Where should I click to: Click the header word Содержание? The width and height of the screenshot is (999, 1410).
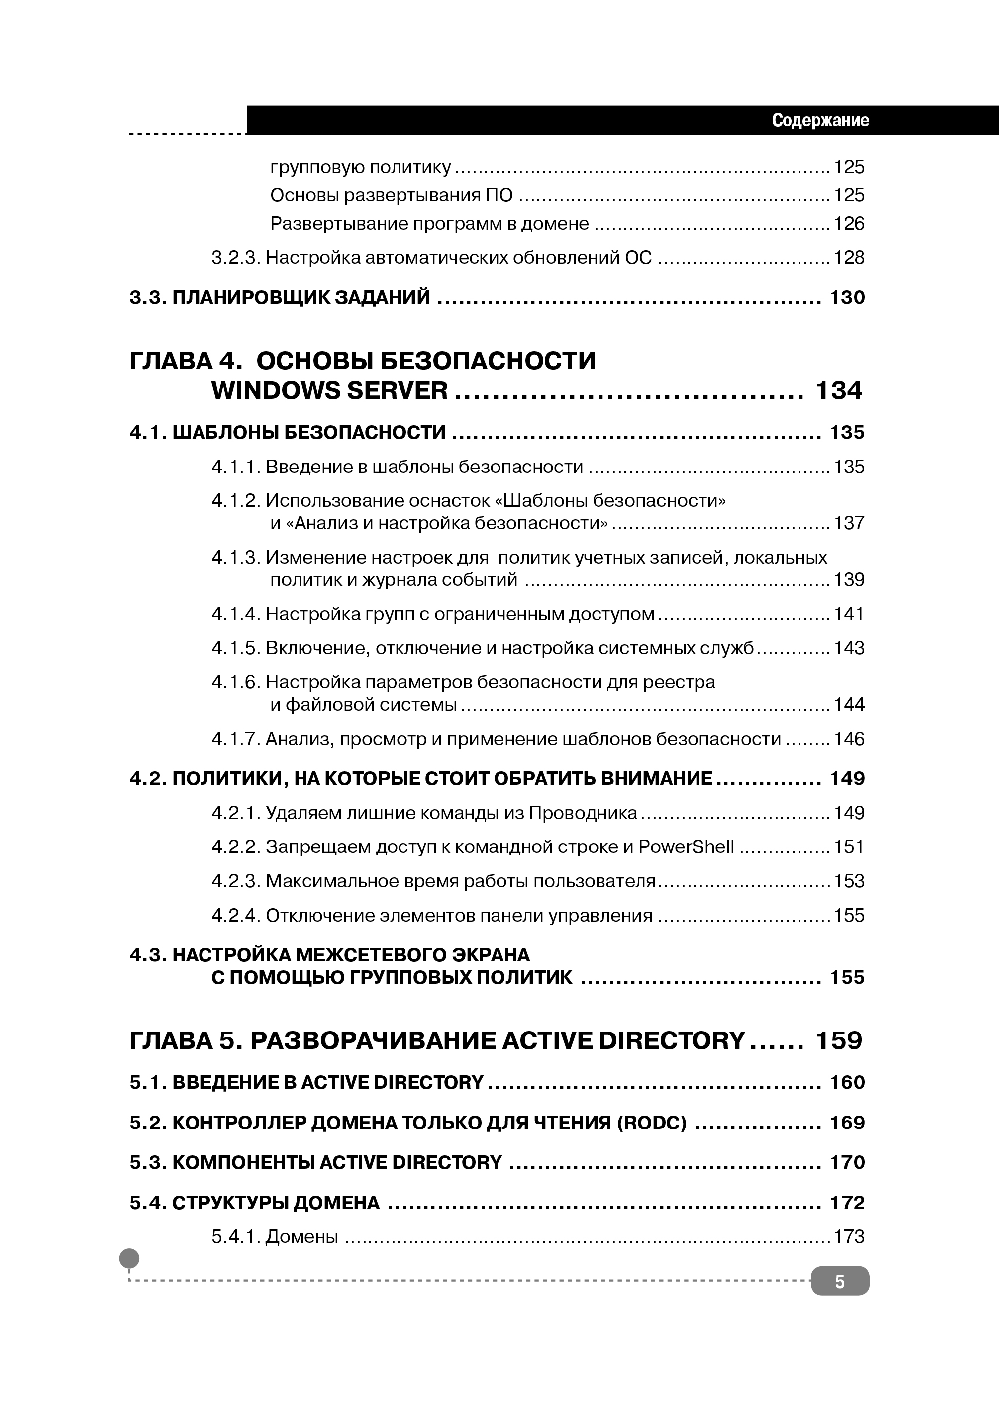point(820,120)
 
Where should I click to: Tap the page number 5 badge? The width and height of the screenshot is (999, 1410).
point(840,1282)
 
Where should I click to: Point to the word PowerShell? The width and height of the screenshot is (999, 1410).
point(686,847)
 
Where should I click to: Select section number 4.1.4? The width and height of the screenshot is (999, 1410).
point(236,614)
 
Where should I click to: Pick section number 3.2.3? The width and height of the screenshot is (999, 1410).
point(236,258)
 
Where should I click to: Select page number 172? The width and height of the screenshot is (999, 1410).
point(847,1202)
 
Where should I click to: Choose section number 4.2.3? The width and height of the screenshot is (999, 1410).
point(236,881)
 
